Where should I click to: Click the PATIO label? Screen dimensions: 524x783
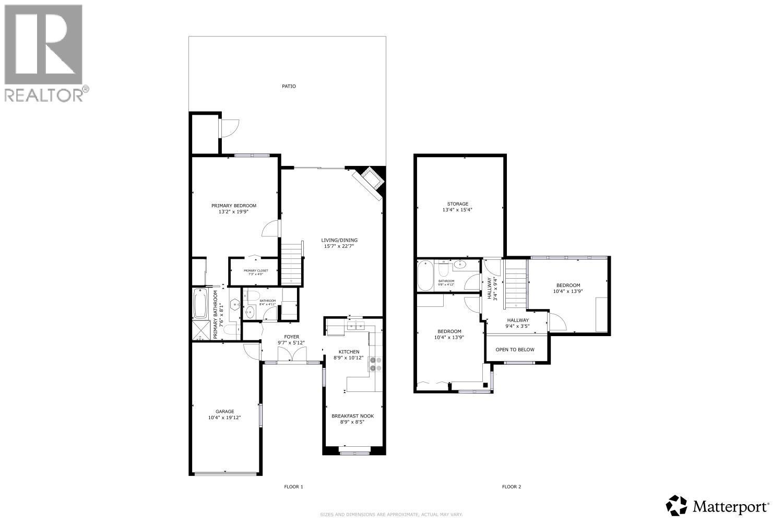(289, 86)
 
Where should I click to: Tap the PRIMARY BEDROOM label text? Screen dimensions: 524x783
(233, 206)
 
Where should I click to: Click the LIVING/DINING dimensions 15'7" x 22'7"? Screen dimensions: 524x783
(339, 246)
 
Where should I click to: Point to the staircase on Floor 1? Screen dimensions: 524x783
(292, 263)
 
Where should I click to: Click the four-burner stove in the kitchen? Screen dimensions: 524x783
(375, 364)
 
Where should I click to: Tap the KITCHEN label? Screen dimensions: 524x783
(348, 352)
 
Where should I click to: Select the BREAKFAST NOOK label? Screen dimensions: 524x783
(352, 416)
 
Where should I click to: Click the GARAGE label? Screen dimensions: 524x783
(225, 411)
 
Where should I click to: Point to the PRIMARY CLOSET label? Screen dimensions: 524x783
(255, 270)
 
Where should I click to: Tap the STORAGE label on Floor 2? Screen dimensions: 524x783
(457, 204)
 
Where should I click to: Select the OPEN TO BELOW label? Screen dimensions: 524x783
(515, 349)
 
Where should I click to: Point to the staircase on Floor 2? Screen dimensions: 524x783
(515, 285)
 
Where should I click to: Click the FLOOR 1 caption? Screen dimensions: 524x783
(293, 487)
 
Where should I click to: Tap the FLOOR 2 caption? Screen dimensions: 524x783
(511, 487)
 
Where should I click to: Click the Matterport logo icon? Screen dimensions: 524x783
(677, 505)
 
